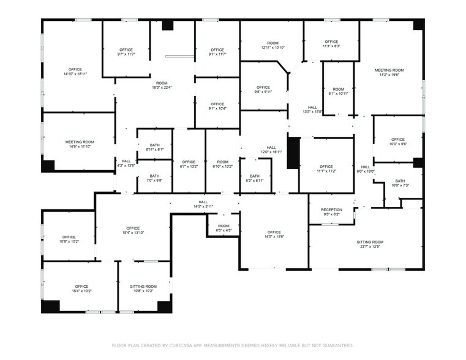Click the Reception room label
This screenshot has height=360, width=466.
coord(331,212)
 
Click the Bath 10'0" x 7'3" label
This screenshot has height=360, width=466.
coord(400,183)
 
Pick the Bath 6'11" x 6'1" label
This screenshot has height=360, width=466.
coord(154,147)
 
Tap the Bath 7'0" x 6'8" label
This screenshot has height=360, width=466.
coord(154,178)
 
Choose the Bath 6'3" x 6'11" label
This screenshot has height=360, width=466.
coord(255,178)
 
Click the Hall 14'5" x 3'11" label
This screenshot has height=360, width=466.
coord(203,204)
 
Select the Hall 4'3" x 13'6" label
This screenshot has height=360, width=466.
coord(126,163)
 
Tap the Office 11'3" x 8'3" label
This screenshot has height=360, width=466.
coord(331,43)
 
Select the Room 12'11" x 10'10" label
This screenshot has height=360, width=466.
coord(272,45)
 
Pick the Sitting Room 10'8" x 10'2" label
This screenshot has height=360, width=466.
coord(143,288)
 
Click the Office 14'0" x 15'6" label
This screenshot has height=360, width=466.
coord(274,234)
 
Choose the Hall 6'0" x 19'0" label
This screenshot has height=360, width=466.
coord(366,169)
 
